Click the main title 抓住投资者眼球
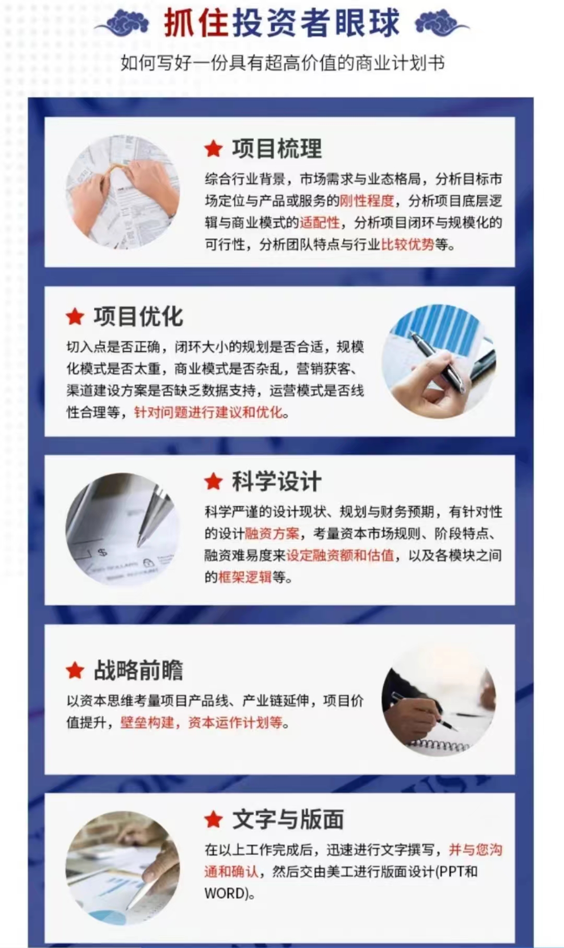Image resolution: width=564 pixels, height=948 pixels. [282, 23]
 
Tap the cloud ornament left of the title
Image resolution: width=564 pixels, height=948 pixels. [126, 24]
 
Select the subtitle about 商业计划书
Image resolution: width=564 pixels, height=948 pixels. [283, 63]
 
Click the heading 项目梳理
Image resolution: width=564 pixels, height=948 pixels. [277, 149]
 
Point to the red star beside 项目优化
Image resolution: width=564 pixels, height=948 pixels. [75, 317]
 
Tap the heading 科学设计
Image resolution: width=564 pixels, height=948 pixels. [277, 481]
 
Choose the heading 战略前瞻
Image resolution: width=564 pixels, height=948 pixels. [138, 670]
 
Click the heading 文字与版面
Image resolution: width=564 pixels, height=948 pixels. [288, 819]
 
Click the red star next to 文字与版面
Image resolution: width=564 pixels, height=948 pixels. [214, 819]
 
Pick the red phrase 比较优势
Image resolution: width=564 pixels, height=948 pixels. [408, 244]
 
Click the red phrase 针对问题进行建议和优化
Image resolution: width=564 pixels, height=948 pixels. [208, 413]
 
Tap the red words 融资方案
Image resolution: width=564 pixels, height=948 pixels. [272, 534]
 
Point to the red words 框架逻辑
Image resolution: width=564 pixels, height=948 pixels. [245, 577]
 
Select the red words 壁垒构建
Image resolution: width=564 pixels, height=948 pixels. [147, 723]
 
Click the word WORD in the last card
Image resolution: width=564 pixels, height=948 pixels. [225, 894]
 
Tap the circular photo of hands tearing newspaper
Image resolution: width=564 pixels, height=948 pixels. [123, 192]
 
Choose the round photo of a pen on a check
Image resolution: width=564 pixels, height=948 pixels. [123, 529]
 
